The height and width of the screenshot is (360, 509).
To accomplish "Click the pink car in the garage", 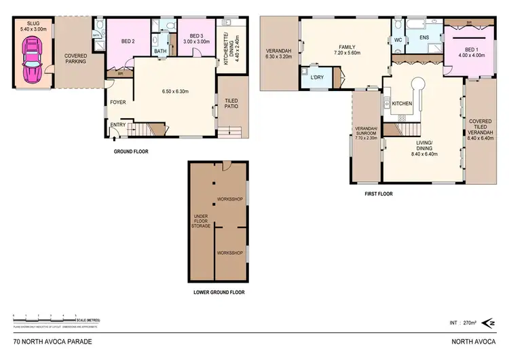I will coord(32,59).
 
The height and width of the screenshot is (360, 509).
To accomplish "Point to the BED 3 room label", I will coord(195,35).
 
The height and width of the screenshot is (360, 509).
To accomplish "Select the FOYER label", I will coord(118,103).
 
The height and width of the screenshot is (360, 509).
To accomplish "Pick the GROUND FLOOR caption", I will coord(131,151).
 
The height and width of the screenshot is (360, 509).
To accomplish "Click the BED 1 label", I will coord(472,50).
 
